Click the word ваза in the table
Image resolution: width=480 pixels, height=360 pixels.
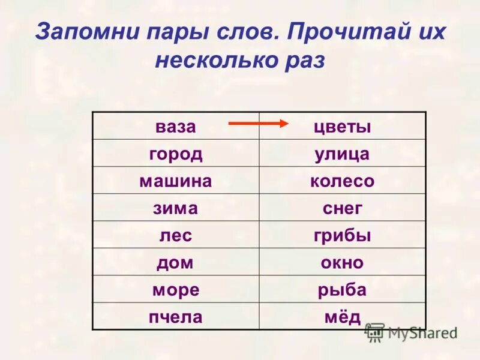176,127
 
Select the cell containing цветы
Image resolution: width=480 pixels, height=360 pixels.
343,127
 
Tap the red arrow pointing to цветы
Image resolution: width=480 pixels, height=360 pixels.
259,124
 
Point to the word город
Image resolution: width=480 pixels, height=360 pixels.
176,154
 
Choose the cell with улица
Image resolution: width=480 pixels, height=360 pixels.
343,154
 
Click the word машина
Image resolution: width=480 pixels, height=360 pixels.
176,181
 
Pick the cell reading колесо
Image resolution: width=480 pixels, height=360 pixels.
343,181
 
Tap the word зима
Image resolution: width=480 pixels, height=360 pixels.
176,208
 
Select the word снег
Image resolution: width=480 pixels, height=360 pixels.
343,208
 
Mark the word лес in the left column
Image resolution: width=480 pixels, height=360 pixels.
176,235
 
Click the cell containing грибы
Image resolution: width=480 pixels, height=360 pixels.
343,235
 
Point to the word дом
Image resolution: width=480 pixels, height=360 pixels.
176,262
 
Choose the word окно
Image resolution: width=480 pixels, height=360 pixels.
343,262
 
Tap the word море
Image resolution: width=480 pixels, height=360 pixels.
176,289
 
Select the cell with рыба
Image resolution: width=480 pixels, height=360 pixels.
343,289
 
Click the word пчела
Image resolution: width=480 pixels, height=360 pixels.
176,316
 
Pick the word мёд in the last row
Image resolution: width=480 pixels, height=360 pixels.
343,316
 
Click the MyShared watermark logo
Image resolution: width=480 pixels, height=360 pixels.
412,332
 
